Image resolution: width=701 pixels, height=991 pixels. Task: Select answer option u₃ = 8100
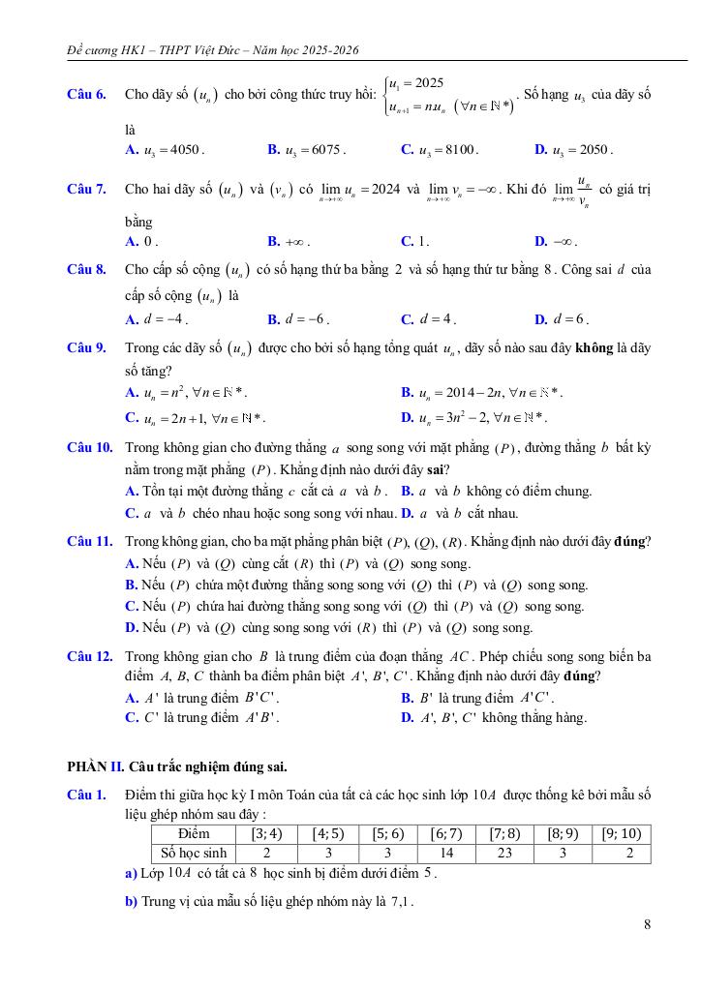pyautogui.click(x=444, y=150)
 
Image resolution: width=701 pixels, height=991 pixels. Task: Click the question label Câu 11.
pyautogui.click(x=89, y=539)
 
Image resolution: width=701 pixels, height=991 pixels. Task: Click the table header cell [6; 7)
pyautogui.click(x=446, y=832)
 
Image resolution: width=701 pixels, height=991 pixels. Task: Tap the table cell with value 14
pyautogui.click(x=446, y=853)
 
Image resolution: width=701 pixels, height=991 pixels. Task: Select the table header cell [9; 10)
pyautogui.click(x=621, y=832)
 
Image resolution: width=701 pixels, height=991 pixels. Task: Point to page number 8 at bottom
pyautogui.click(x=646, y=924)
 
